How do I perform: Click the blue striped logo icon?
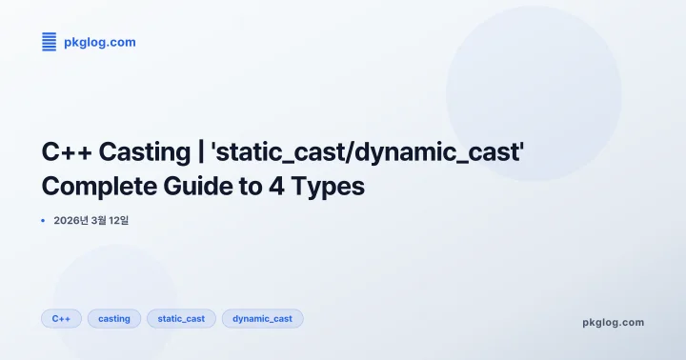pyautogui.click(x=49, y=41)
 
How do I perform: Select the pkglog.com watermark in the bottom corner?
pyautogui.click(x=613, y=322)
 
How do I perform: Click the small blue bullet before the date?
pyautogui.click(x=44, y=221)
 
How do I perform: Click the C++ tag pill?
pyautogui.click(x=61, y=319)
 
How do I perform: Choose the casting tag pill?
pyautogui.click(x=114, y=319)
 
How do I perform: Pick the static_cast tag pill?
pyautogui.click(x=181, y=319)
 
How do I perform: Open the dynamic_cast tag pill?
pyautogui.click(x=263, y=319)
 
